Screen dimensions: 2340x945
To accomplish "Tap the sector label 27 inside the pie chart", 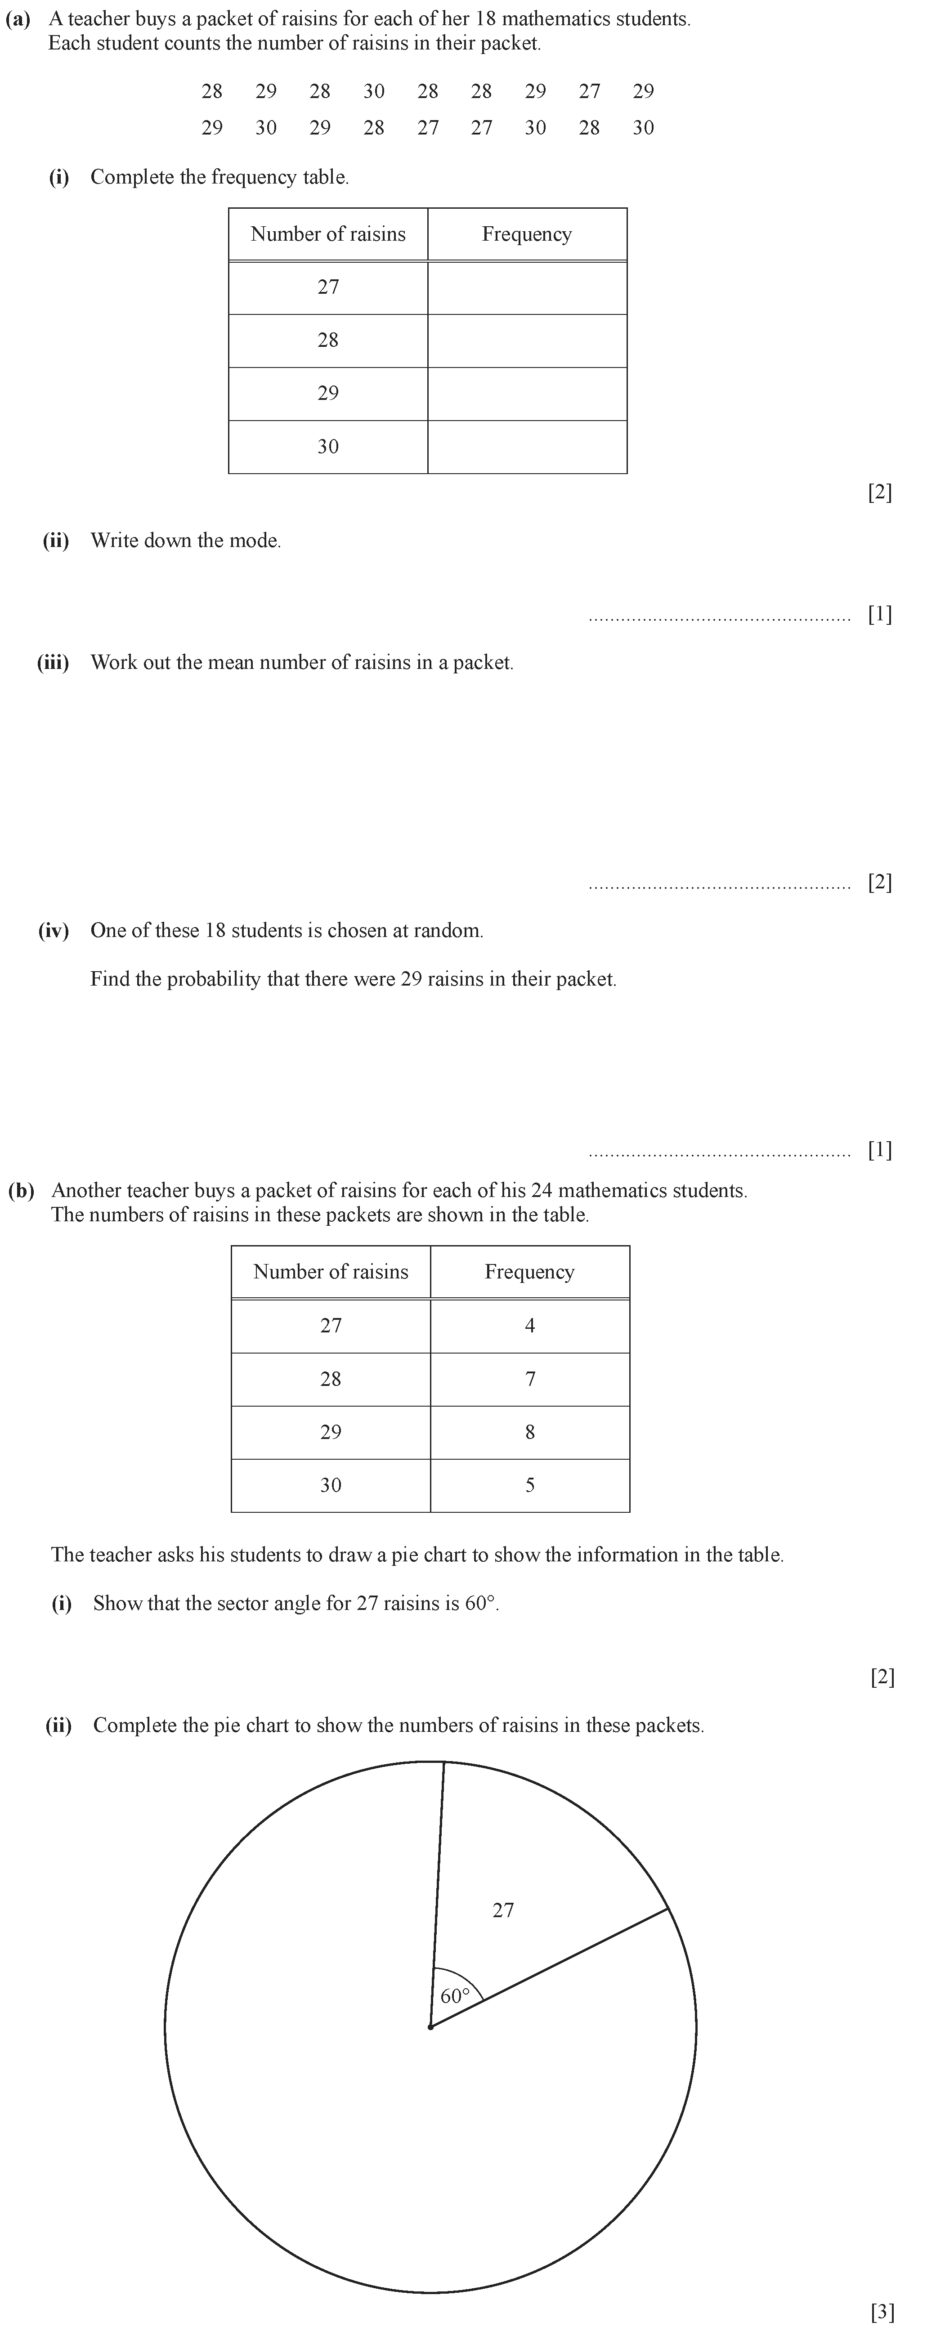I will (x=503, y=1910).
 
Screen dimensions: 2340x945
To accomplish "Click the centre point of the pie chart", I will (x=431, y=2026).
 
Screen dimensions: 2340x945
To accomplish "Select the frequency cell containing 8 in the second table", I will (x=530, y=1433).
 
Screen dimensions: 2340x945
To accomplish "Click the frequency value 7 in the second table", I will (x=530, y=1379).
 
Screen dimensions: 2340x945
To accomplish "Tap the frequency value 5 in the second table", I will (x=530, y=1485).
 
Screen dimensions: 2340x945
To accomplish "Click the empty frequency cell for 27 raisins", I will (x=527, y=288).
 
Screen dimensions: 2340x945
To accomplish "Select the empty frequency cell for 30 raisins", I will (x=527, y=447).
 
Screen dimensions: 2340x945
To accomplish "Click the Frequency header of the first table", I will (x=527, y=234).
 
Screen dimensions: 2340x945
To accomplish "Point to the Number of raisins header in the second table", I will (x=331, y=1272).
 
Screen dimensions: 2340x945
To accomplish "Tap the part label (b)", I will (x=21, y=1191).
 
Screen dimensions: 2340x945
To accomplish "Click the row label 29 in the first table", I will (x=328, y=393).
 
